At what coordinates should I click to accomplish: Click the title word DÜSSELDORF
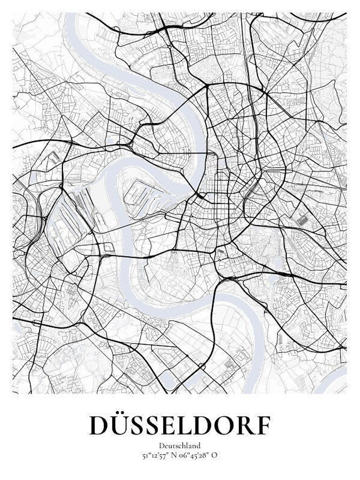click(x=180, y=424)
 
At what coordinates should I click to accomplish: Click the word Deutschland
click(x=180, y=446)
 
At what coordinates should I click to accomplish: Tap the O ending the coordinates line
click(x=214, y=455)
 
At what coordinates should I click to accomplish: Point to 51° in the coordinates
click(x=147, y=455)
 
